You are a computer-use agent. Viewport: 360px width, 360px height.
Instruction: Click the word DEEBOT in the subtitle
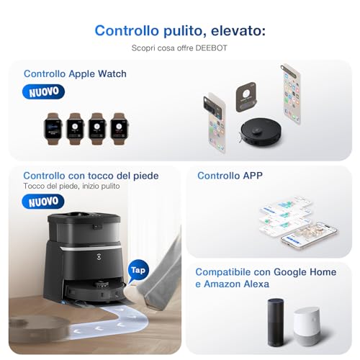[211, 48]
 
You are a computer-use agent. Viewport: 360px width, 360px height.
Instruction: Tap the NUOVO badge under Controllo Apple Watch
[43, 91]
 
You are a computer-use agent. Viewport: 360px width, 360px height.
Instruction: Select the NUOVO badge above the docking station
[43, 202]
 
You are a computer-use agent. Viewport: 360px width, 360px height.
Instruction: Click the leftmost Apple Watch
[53, 129]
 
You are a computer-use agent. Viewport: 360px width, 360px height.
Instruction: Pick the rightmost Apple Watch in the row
[120, 129]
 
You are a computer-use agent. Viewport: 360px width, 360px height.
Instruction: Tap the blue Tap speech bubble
[138, 271]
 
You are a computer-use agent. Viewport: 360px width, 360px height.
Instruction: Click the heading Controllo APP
[230, 176]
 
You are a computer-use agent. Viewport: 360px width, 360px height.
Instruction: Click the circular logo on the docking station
[99, 257]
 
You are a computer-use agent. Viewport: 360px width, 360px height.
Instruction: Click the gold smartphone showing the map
[309, 236]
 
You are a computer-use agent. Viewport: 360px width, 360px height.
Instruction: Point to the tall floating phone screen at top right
[291, 94]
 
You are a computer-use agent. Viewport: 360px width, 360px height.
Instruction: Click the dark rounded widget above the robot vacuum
[246, 97]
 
